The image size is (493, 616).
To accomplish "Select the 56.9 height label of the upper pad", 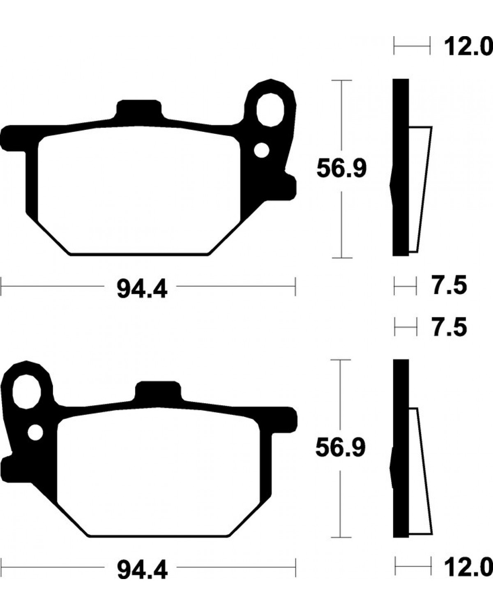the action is pyautogui.click(x=341, y=169).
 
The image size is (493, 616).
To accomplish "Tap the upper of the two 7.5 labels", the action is pyautogui.click(x=449, y=285).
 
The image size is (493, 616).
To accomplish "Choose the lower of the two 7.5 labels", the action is pyautogui.click(x=449, y=326).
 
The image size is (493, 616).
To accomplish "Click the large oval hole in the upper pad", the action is pyautogui.click(x=270, y=110).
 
